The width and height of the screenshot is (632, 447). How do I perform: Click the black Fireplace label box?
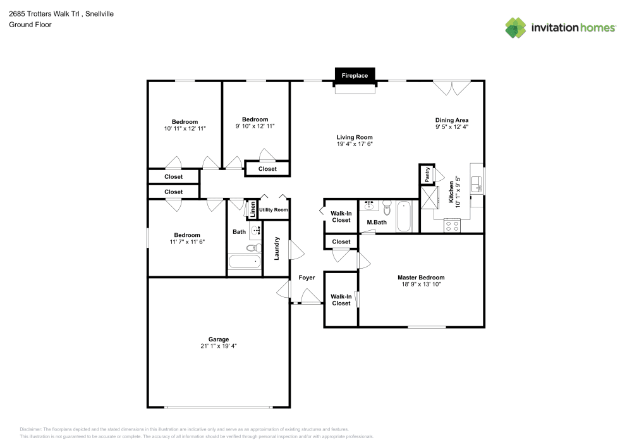355,75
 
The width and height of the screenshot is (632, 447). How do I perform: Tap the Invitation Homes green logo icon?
516,27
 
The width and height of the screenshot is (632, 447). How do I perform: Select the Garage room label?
219,340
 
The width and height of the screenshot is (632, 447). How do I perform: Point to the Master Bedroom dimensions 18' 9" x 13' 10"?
421,285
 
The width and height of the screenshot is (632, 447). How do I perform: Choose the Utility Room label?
273,210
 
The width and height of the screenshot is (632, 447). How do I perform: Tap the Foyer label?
307,278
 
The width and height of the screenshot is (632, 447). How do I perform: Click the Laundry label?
277,248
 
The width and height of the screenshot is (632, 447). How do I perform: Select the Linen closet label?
252,209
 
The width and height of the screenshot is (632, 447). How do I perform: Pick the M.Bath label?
377,223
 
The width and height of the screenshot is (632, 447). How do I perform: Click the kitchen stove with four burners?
453,226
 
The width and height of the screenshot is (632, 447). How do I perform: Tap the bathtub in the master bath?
404,216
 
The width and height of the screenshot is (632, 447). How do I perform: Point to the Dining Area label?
451,119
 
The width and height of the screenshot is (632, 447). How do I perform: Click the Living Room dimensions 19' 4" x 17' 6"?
355,145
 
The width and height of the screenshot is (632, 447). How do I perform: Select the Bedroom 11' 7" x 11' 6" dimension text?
187,242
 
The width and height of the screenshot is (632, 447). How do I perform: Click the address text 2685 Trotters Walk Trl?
44,13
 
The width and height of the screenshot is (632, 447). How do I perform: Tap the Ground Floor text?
30,25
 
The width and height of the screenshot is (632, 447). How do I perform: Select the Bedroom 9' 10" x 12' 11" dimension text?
255,126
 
